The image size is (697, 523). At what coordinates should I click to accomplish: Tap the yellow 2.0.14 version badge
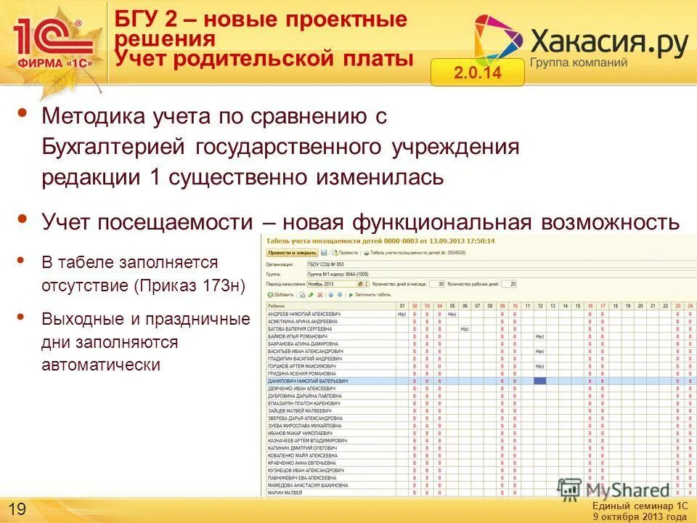point(477,73)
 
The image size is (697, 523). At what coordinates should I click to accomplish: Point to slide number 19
point(16,507)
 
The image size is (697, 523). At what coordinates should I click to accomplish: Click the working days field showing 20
point(513,284)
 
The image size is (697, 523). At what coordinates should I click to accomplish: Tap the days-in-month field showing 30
point(439,284)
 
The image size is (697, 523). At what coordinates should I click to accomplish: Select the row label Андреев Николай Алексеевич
point(303,314)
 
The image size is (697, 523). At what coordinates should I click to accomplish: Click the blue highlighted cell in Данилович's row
point(539,381)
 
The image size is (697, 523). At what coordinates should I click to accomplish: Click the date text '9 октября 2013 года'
point(639,516)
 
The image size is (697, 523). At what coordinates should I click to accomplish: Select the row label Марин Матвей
point(287,493)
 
